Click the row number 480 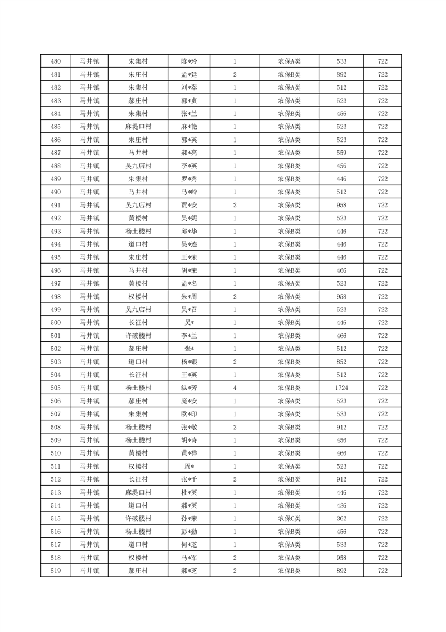56,61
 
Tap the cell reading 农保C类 289,519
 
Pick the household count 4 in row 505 235,388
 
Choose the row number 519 56,571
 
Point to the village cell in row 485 138,127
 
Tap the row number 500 56,323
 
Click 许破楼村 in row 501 138,336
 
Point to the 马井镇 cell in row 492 89,218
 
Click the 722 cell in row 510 382,453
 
